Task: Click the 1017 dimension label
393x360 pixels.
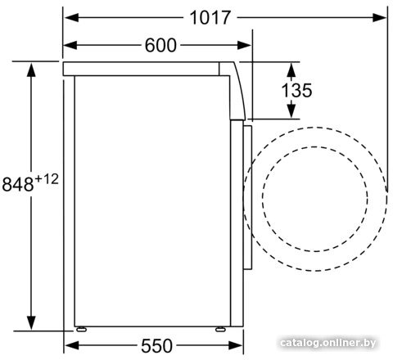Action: click(210, 18)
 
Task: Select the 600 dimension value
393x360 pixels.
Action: click(160, 45)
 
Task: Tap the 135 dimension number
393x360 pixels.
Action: click(296, 90)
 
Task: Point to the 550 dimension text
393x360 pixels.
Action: click(156, 346)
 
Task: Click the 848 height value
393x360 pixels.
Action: click(18, 184)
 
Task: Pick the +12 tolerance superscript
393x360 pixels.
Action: click(47, 179)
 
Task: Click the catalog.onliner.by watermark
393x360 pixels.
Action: click(328, 343)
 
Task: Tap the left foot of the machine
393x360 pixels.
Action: click(81, 329)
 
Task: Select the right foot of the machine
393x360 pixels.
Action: click(220, 329)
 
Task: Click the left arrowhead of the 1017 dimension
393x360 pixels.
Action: click(71, 18)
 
